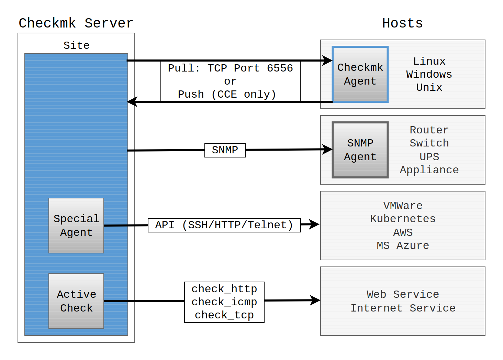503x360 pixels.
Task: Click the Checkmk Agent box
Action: pos(360,74)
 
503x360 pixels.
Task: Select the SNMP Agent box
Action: pos(360,150)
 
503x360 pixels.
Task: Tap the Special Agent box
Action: pos(76,226)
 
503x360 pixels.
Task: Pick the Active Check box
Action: pos(76,301)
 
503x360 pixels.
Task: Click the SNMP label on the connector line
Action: pos(225,150)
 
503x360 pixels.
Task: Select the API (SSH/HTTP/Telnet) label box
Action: pos(224,225)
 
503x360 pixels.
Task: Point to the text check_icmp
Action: pos(224,302)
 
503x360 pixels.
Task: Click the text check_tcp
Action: pos(224,315)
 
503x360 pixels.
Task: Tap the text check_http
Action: pos(224,289)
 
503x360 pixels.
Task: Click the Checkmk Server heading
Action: pos(76,23)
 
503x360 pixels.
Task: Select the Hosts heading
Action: pos(402,23)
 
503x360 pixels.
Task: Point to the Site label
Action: pos(76,45)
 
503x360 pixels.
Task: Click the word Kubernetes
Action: pos(403,219)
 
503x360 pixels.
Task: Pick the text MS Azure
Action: pos(403,246)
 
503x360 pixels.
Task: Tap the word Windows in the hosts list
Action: pos(429,74)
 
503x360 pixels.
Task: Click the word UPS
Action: pos(429,157)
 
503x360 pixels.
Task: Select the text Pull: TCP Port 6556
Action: pos(230,68)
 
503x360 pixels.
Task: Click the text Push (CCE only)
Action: pos(227,94)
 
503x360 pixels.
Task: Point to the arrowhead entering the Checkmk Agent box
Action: pos(327,61)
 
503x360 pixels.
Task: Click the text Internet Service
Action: pos(403,308)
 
